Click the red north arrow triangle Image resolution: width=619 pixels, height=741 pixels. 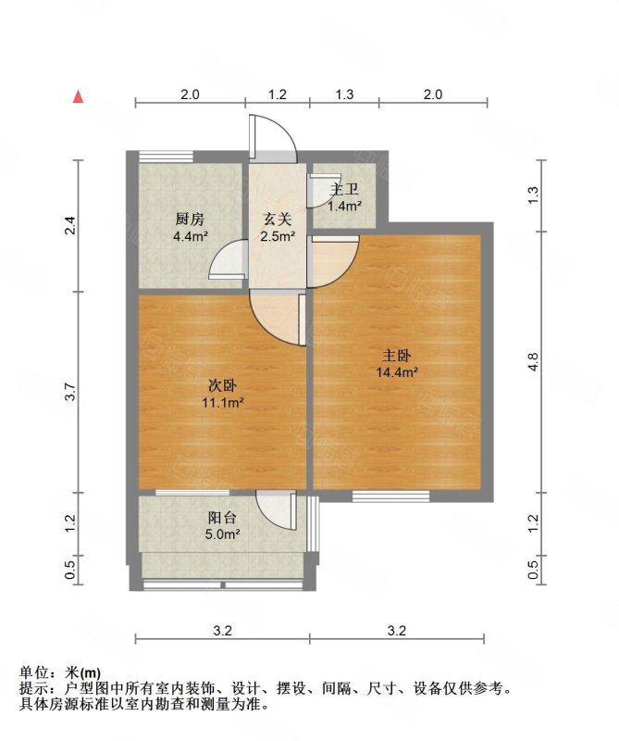(80, 95)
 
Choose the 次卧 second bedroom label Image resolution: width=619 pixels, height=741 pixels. (221, 386)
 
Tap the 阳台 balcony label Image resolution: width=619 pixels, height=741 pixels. (220, 519)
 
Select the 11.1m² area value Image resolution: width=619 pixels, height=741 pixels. (222, 403)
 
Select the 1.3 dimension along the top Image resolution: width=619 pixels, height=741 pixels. (344, 94)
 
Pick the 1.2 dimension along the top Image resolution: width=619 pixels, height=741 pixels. (277, 94)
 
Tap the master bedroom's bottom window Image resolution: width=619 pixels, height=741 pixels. (391, 496)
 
